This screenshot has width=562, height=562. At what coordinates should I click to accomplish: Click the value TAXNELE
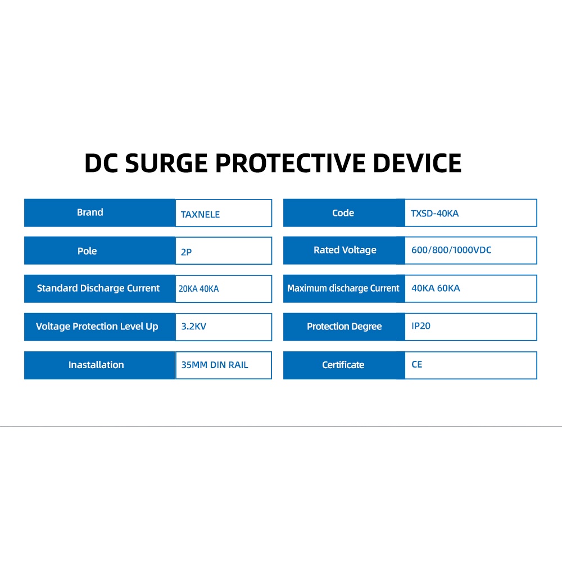(200, 214)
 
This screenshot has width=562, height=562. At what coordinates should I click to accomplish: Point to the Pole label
(87, 251)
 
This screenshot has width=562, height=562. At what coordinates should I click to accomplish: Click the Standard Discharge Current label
(98, 288)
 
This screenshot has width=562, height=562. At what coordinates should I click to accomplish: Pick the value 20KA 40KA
(198, 289)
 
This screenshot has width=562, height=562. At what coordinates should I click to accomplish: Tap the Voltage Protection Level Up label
(97, 327)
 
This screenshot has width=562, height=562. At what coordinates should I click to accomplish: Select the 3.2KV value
(193, 327)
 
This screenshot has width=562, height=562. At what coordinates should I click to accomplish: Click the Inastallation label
(96, 365)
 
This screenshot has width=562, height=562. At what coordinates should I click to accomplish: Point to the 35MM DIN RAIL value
(215, 365)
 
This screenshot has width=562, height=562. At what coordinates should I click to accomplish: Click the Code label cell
(343, 213)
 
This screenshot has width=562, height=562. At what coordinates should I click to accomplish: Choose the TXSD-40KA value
(434, 214)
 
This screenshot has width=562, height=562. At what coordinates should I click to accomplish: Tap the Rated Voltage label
(345, 250)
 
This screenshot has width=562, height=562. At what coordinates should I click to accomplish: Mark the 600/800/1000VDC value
(451, 250)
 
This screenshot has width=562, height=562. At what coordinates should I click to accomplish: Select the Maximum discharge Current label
(343, 288)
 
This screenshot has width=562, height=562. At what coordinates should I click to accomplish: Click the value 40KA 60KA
(436, 288)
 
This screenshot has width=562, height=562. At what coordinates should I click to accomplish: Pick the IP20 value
(421, 326)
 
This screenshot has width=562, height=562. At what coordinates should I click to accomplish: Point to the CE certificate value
(416, 364)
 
